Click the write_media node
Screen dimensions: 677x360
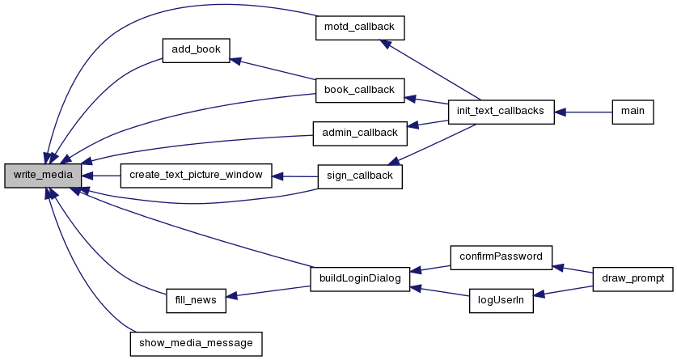pos(43,176)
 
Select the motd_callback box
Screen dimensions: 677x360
pos(360,28)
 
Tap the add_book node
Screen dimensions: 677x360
pos(196,50)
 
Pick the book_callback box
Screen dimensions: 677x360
pos(360,91)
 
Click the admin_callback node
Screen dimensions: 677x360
pos(360,133)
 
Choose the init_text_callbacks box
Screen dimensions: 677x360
pos(501,112)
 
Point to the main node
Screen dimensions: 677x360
pos(633,112)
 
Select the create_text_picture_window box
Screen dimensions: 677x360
pos(196,176)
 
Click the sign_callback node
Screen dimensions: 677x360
pos(360,176)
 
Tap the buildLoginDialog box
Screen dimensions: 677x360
pos(360,279)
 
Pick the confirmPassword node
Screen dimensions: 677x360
pos(501,258)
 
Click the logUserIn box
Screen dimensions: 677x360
pos(501,301)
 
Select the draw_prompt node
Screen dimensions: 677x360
pos(633,279)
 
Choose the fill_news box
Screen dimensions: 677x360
pos(196,301)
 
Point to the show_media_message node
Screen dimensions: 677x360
pos(196,344)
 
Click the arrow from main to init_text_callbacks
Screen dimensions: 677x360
pos(583,112)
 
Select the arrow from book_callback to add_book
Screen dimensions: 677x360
pos(273,69)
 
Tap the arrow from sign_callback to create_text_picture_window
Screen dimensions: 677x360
pos(295,176)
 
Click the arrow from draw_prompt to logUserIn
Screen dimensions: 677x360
pos(563,291)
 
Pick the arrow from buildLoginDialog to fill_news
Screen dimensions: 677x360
pos(268,291)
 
